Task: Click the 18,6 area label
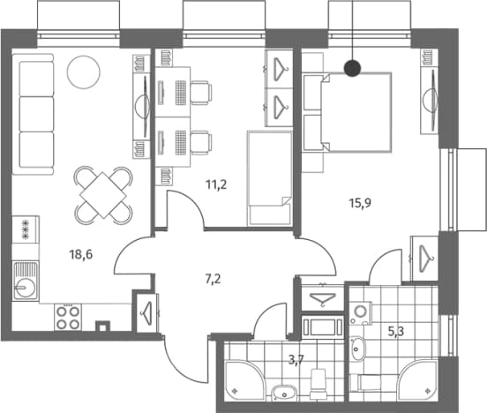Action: tap(81, 255)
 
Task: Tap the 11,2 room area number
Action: tap(216, 185)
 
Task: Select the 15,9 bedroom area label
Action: tap(360, 203)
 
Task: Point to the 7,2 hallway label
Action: tap(214, 280)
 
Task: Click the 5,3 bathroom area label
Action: tap(396, 332)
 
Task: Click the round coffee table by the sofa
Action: tap(84, 72)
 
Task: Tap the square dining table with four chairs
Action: tap(103, 195)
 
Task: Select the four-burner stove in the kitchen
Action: tap(68, 317)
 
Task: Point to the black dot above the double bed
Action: tap(353, 68)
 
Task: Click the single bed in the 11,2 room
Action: tap(270, 178)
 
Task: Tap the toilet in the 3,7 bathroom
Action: tap(318, 383)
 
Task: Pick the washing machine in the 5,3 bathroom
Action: tap(361, 313)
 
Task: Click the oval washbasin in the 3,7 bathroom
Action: tap(284, 393)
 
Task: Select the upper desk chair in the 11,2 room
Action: tap(201, 93)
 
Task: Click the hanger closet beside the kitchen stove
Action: tap(146, 312)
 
